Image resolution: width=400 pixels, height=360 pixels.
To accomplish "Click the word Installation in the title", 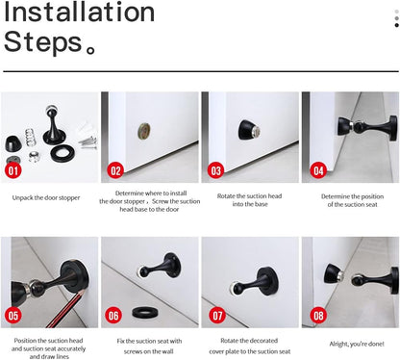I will point(79,13).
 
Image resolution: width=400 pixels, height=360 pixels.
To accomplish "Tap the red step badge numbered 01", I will point(13,171).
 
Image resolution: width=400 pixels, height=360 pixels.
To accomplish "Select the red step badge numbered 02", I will point(115,171).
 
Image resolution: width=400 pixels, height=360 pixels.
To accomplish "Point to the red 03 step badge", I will point(215,171).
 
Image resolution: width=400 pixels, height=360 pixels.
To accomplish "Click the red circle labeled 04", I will point(318,171).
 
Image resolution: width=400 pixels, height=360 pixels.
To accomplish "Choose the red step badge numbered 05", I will point(13,315).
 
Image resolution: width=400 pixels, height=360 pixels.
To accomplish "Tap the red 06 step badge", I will point(114,315).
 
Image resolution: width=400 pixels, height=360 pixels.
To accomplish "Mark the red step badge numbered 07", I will point(215,315).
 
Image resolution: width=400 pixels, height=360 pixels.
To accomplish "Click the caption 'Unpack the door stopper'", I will point(46,197).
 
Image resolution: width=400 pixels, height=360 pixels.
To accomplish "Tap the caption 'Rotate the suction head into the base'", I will point(249,200).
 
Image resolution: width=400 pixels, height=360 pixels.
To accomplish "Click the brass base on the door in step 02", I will point(145,129).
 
